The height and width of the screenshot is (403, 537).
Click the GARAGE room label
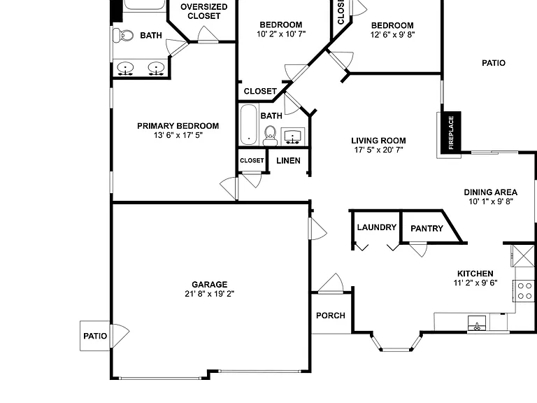pyautogui.click(x=209, y=285)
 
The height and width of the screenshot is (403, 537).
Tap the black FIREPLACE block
pyautogui.click(x=450, y=132)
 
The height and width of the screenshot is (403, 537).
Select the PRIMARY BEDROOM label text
pyautogui.click(x=178, y=126)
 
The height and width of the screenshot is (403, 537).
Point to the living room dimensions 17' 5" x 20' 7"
pyautogui.click(x=378, y=150)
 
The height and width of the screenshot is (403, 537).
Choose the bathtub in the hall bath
pyautogui.click(x=249, y=125)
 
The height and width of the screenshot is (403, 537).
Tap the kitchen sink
pyautogui.click(x=477, y=323)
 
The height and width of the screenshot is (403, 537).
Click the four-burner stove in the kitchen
pyautogui.click(x=524, y=291)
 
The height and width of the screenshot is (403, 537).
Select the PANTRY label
pyautogui.click(x=427, y=228)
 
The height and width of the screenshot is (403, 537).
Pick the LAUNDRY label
pyautogui.click(x=377, y=227)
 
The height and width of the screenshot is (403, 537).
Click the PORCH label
pyautogui.click(x=331, y=316)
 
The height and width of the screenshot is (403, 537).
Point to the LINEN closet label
pyautogui.click(x=288, y=161)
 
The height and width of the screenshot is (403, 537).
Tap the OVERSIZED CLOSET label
pyautogui.click(x=203, y=11)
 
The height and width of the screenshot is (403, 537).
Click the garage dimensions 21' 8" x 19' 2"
pyautogui.click(x=209, y=294)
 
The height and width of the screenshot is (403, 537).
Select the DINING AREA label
pyautogui.click(x=490, y=192)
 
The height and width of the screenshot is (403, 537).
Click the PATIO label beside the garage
pyautogui.click(x=95, y=336)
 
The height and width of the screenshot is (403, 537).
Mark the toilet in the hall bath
pyautogui.click(x=270, y=136)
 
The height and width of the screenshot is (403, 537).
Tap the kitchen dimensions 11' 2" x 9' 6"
pyautogui.click(x=475, y=283)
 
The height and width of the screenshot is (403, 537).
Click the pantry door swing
pyautogui.click(x=419, y=249)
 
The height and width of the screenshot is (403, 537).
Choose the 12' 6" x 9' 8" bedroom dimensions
pyautogui.click(x=392, y=34)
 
